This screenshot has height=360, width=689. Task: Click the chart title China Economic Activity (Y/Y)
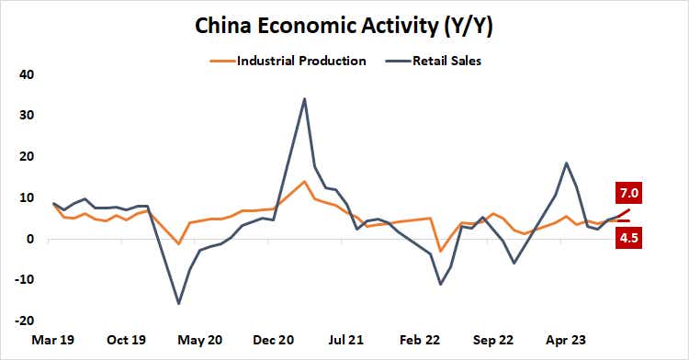tap(344, 27)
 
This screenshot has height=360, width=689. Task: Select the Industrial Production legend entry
tap(301, 62)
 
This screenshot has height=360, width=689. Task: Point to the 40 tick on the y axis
tap(26, 74)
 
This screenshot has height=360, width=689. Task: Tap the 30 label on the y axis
tap(26, 116)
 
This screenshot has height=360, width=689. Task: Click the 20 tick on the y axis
tap(26, 157)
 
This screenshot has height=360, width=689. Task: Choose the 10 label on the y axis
tap(26, 198)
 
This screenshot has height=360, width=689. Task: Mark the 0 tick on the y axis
tap(29, 240)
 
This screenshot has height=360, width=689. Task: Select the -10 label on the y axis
tap(23, 281)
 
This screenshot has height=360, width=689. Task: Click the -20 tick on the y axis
tap(23, 322)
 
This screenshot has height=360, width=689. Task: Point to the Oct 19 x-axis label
tap(128, 340)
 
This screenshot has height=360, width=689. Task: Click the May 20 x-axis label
tap(201, 340)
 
